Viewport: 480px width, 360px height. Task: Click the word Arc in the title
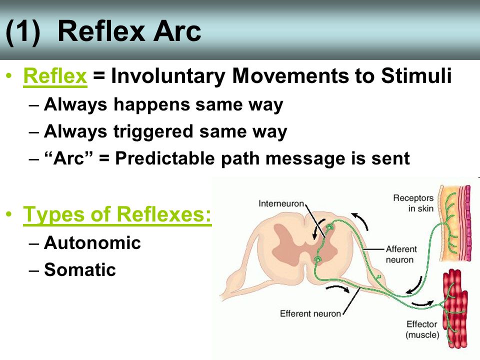coord(177,31)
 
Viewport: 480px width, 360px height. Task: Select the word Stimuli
coord(416,75)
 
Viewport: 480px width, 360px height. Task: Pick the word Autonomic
coord(92,243)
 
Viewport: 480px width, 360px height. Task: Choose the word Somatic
coord(80,269)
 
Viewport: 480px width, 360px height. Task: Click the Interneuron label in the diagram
coord(281,203)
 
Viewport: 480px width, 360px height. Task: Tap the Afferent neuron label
coord(401,254)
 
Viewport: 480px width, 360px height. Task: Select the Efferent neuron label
coord(310,313)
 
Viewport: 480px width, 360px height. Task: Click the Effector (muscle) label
coord(422,329)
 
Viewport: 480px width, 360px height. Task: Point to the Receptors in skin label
coord(413,203)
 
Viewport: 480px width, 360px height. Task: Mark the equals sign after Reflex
coord(99,76)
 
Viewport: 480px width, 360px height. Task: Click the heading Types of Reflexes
coord(117,214)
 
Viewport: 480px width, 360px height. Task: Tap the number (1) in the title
coord(23,32)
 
